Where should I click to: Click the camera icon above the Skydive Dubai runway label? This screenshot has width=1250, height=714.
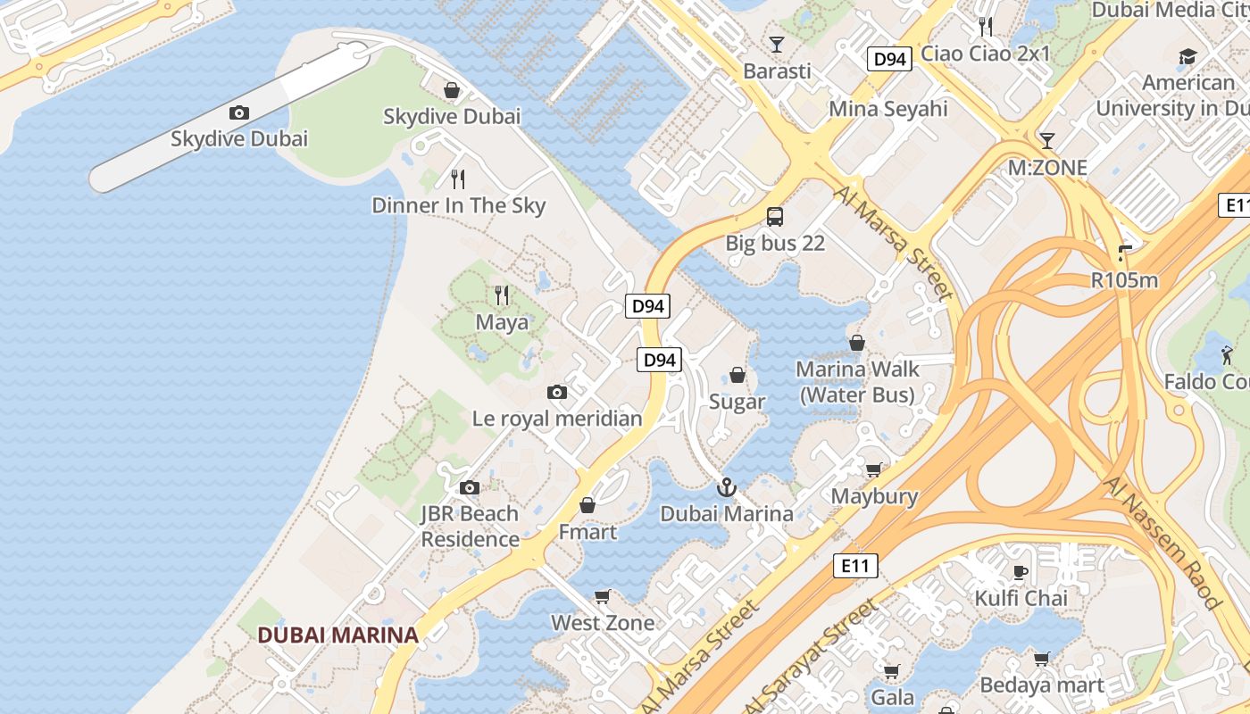(238, 112)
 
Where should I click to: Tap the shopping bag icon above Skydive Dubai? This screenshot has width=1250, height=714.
(452, 90)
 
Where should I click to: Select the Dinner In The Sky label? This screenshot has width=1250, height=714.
(458, 205)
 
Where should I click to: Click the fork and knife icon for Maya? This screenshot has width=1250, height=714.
(502, 295)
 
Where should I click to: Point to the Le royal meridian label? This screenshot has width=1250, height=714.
(557, 418)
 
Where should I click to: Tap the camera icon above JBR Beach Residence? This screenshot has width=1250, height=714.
(470, 487)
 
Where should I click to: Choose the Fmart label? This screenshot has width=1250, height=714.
(587, 532)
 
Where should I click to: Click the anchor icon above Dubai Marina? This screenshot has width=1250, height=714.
(727, 487)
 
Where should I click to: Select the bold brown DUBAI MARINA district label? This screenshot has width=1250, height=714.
(337, 635)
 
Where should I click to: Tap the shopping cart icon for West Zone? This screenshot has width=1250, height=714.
(603, 596)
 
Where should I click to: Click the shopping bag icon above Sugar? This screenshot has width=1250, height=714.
(737, 375)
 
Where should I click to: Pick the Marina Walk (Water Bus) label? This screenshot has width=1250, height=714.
(856, 382)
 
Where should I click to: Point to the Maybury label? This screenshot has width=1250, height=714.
(874, 496)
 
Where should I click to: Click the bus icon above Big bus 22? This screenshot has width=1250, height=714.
(775, 216)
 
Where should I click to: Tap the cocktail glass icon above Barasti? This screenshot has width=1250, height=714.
(777, 44)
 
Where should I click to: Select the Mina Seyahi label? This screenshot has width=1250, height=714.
(887, 109)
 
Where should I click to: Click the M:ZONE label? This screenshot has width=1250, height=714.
(1047, 168)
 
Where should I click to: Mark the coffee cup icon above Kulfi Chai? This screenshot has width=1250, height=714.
(1021, 571)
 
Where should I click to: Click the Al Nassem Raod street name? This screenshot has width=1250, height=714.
(1162, 542)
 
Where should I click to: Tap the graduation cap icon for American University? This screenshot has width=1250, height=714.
(1187, 57)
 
